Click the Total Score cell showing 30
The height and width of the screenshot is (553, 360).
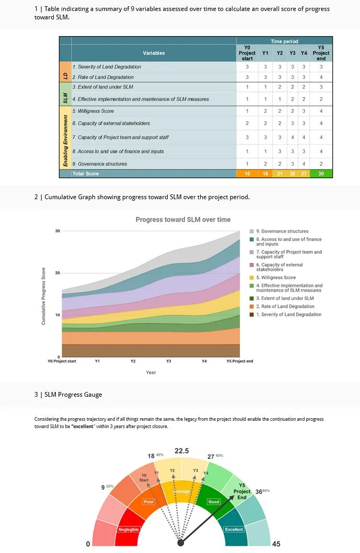[321, 174]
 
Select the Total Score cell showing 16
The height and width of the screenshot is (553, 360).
[247, 174]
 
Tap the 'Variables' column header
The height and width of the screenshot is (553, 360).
[154, 53]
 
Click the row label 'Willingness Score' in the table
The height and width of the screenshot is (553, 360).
[93, 111]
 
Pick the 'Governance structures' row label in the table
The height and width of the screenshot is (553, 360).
[100, 164]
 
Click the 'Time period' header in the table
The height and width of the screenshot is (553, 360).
[284, 41]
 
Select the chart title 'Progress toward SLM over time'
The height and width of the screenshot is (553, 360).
[183, 220]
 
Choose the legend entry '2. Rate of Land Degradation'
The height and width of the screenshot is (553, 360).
[285, 306]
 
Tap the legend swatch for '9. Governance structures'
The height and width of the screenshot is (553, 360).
[251, 231]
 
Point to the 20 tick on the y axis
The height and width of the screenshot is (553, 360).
[57, 273]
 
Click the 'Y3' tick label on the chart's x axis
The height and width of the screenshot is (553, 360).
[168, 361]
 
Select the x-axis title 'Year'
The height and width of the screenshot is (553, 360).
[150, 373]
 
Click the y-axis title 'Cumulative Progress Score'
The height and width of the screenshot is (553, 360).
[43, 296]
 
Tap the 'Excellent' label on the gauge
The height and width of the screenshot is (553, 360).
[234, 529]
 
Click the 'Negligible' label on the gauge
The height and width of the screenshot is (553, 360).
[129, 529]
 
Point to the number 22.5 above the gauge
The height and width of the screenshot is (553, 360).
[182, 451]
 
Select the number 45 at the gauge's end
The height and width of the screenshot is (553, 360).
[276, 544]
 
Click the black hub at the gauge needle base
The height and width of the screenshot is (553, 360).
[181, 543]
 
